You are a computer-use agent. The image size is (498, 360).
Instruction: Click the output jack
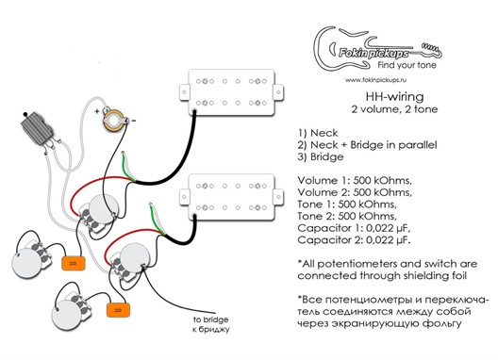(114, 121)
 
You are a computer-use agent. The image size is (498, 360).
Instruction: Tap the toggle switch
(37, 127)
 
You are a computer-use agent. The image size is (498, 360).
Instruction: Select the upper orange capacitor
(74, 264)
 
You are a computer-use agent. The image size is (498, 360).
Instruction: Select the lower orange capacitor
(118, 310)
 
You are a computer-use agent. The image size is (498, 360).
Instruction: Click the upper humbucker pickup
(231, 92)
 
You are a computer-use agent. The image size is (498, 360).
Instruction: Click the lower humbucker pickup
(231, 197)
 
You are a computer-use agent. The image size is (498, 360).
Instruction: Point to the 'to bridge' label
(211, 319)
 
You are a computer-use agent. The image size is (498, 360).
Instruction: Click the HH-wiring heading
(395, 96)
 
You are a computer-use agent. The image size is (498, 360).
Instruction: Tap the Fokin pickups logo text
(373, 53)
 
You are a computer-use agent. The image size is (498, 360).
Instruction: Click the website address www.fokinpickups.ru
(375, 80)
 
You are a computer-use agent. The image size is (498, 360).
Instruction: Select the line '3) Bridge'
(321, 156)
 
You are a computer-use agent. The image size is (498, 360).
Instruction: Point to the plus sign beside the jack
(97, 111)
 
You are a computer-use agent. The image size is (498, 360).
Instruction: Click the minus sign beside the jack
(134, 121)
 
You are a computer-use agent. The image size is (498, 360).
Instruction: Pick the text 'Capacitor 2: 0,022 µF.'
(354, 240)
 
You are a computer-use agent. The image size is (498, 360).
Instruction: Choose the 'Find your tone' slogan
(407, 65)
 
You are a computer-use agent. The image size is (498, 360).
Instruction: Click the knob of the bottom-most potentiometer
(67, 316)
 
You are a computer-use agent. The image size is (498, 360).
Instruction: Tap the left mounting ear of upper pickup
(184, 92)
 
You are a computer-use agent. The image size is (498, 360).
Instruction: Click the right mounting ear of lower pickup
(278, 197)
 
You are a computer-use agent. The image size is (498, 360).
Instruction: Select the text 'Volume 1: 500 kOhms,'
(355, 181)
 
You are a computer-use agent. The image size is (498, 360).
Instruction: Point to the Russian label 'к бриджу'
(211, 329)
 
